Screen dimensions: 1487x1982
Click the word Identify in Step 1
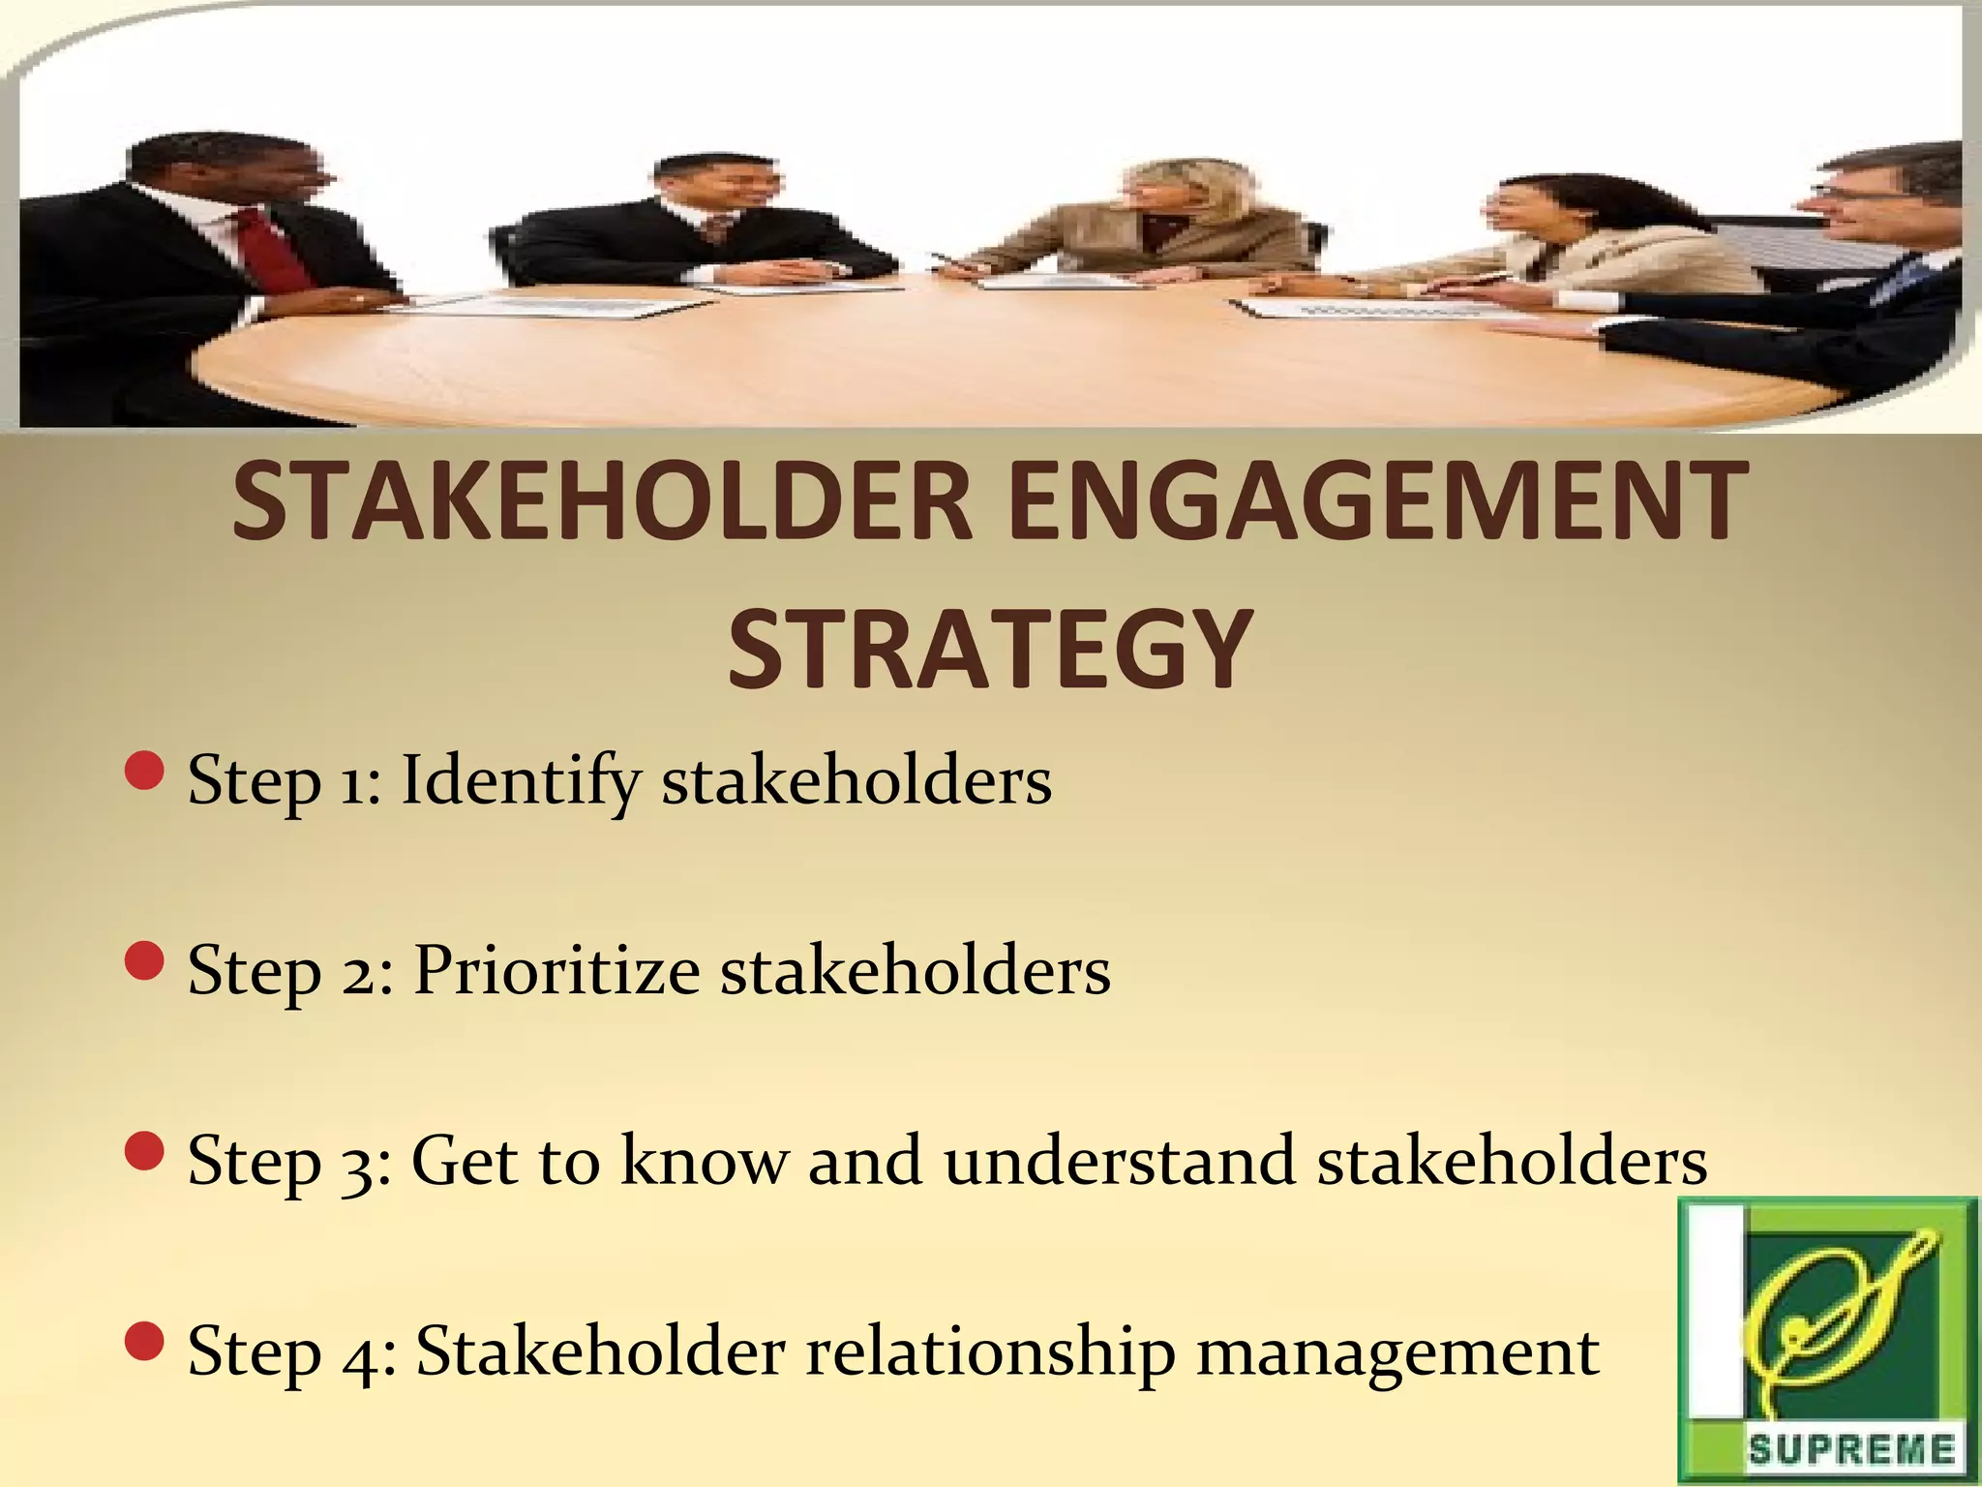[520, 780]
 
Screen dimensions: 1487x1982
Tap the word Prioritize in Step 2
[556, 970]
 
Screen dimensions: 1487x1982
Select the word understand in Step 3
[1120, 1160]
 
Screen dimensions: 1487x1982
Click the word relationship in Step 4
[990, 1351]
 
